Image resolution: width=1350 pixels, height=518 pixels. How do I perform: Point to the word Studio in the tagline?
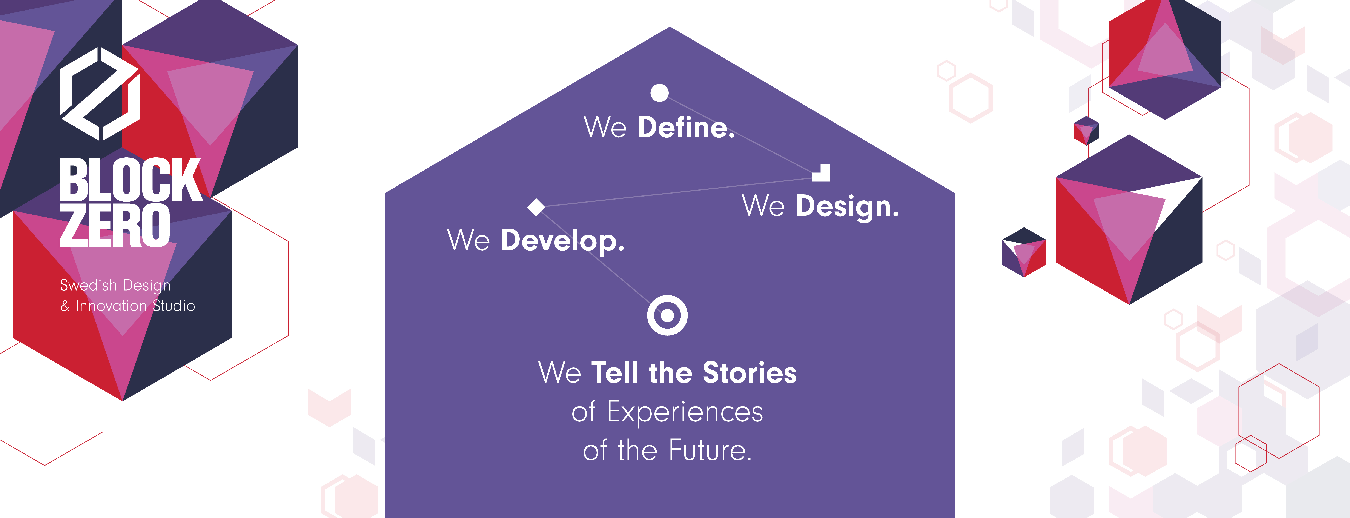click(174, 306)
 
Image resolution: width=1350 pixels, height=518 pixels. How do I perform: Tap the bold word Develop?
click(563, 241)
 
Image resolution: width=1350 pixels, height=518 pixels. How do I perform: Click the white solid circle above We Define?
click(659, 93)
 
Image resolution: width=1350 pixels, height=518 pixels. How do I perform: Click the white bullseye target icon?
click(667, 315)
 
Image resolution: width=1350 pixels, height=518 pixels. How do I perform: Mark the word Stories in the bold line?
click(749, 373)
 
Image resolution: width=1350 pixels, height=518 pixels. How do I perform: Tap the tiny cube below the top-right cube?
click(1086, 131)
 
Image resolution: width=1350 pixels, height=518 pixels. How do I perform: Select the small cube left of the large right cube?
click(1023, 252)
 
